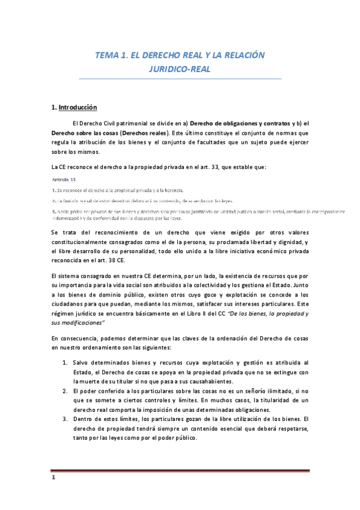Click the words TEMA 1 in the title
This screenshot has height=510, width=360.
[x=112, y=55]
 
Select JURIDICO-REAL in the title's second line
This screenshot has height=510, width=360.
[x=180, y=69]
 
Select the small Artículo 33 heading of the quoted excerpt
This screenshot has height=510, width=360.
[x=63, y=179]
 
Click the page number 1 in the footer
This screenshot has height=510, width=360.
[x=53, y=479]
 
